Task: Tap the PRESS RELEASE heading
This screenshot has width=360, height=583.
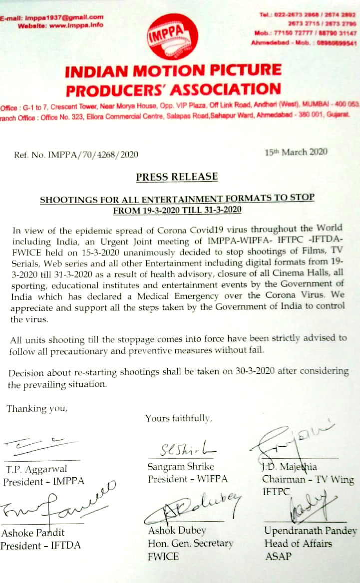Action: tap(177, 177)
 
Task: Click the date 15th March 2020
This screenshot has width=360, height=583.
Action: tap(296, 152)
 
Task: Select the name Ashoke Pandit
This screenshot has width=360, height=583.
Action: tap(33, 532)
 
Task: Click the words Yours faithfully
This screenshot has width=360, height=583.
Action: tap(178, 418)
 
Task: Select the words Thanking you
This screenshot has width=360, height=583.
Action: tap(36, 409)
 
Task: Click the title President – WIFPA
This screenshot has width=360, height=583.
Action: tap(187, 479)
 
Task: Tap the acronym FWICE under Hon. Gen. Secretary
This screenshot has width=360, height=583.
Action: tap(163, 556)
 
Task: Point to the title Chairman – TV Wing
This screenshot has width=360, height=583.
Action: tap(308, 480)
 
